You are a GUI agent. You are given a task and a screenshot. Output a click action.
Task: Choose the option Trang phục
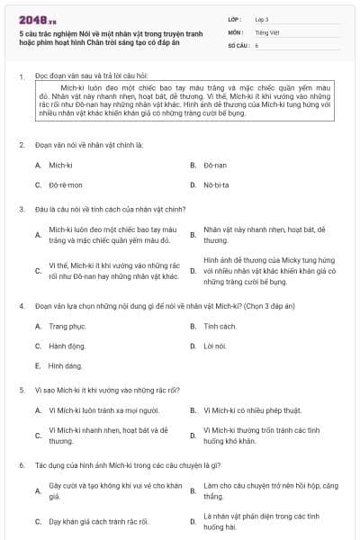coord(67,326)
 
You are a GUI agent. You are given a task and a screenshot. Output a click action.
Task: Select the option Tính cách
coord(220,326)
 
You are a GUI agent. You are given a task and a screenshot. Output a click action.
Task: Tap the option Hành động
coord(67,346)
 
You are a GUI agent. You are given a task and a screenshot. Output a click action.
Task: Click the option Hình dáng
coord(65,365)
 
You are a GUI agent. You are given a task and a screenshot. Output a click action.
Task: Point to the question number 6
coord(21,464)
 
